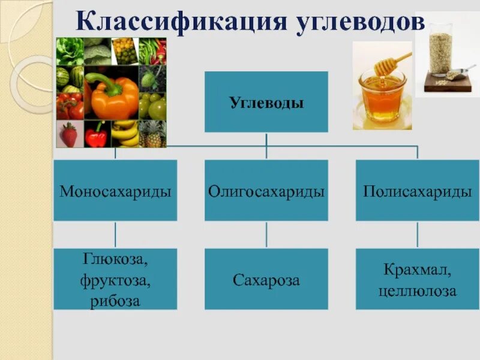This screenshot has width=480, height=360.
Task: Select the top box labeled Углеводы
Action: tap(266, 102)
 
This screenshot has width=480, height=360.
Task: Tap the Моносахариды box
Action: tap(115, 190)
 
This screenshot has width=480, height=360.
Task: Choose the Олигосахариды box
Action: tap(266, 190)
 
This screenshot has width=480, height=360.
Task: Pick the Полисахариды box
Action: tap(417, 190)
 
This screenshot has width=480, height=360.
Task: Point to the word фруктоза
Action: tap(115, 280)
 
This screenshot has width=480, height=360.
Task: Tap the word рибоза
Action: tap(115, 299)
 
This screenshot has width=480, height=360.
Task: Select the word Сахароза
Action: tap(266, 280)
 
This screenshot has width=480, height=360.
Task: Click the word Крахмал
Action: tap(417, 270)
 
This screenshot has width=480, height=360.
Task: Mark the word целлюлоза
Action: tap(417, 291)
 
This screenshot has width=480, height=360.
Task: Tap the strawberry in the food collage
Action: tap(69, 134)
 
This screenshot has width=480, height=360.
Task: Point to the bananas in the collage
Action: tap(124, 133)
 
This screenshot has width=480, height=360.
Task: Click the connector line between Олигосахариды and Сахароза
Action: tap(266, 235)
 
